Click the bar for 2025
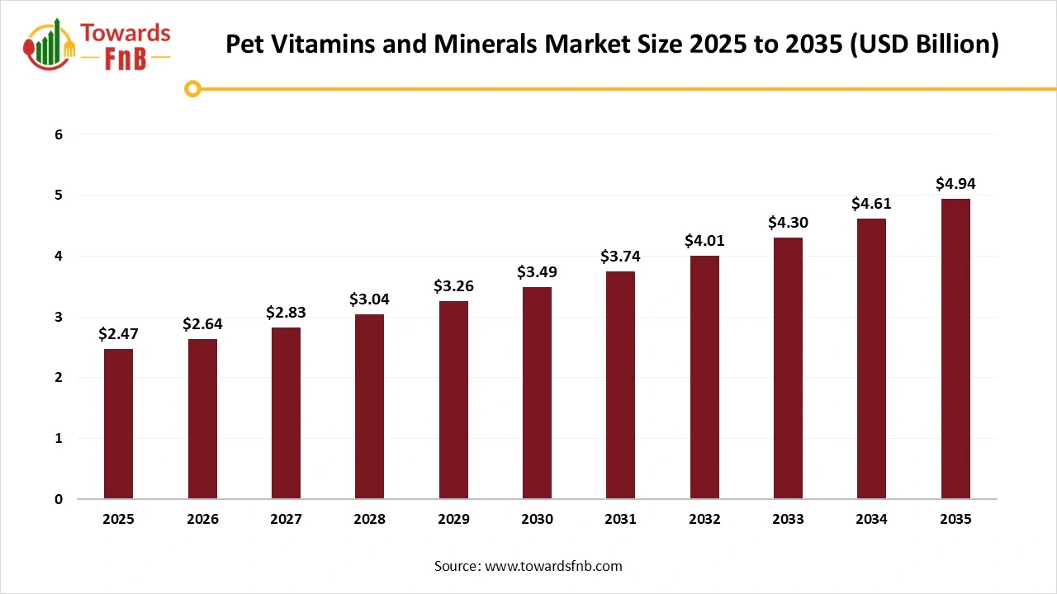(x=118, y=424)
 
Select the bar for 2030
(x=537, y=393)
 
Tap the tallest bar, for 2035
(x=955, y=349)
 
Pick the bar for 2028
(x=369, y=407)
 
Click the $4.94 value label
(x=955, y=183)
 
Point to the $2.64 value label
(x=202, y=323)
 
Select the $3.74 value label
(x=620, y=257)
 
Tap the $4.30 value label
(x=788, y=222)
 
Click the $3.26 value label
(x=453, y=285)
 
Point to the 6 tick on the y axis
(x=59, y=134)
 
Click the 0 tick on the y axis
(x=59, y=499)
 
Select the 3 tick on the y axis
(x=59, y=317)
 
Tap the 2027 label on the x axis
(x=286, y=520)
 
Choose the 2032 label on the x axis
(x=704, y=520)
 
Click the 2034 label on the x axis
(x=871, y=520)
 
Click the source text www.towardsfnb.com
(x=552, y=566)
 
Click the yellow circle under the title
(x=192, y=88)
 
